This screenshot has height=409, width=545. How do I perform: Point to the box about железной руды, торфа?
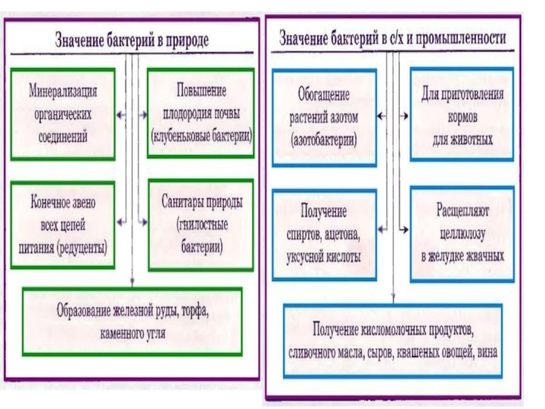pyautogui.click(x=132, y=321)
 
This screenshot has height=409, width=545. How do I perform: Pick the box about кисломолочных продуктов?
pyautogui.click(x=393, y=341)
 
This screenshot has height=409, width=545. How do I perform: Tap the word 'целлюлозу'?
pyautogui.click(x=462, y=234)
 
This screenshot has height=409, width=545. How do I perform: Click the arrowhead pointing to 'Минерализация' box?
pyautogui.click(x=121, y=116)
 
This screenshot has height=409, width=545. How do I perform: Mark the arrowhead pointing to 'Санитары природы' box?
pyautogui.click(x=144, y=220)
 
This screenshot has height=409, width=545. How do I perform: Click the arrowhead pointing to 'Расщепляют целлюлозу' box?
pyautogui.click(x=405, y=230)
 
